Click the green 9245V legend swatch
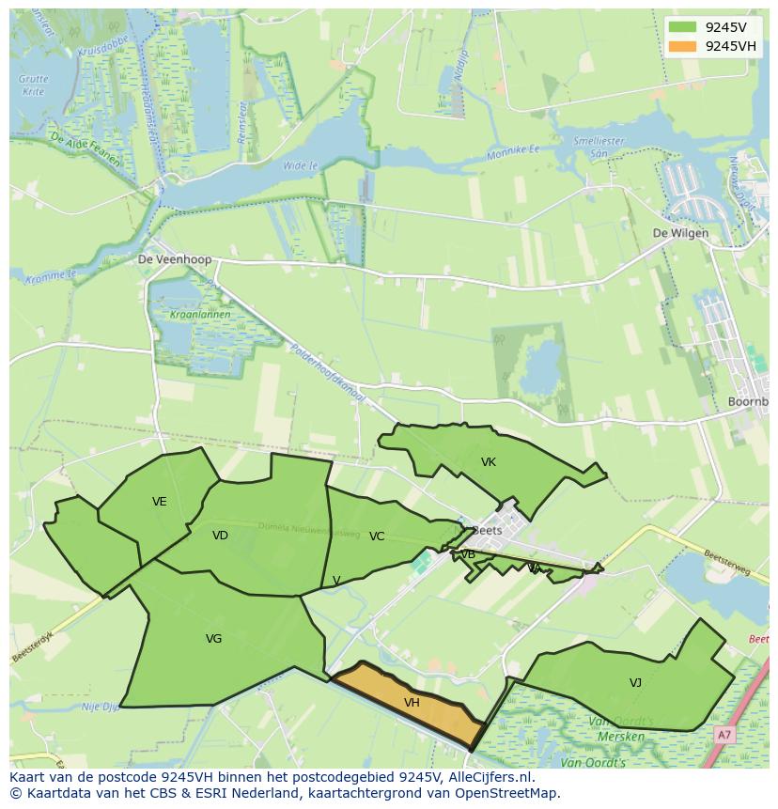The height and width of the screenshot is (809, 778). point(682,27)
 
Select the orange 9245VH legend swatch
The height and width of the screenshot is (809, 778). point(682,46)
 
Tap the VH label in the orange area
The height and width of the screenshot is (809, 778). point(412,702)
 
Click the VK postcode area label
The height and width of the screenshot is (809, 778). point(488,461)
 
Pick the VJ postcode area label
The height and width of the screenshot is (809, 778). point(635,682)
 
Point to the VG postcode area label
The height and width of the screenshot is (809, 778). point(213,638)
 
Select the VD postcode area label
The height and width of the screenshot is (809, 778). point(220,535)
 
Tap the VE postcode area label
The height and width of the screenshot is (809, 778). point(160,501)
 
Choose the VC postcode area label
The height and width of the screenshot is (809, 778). point(377,536)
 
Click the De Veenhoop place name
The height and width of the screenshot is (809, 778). point(175,259)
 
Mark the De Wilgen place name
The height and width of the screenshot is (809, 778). point(680,233)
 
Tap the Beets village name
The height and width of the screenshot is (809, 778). point(488,530)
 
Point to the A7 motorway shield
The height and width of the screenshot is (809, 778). point(724,735)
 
